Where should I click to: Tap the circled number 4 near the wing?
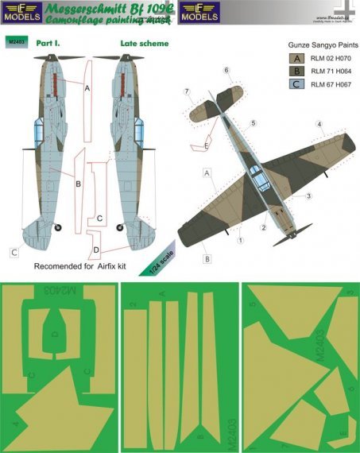pyautogui.click(x=318, y=124)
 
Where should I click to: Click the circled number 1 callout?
pyautogui.click(x=239, y=237)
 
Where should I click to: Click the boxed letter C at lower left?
pyautogui.click(x=14, y=254)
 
